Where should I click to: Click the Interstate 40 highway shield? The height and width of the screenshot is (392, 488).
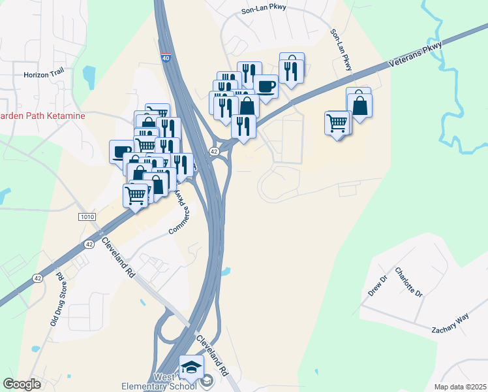click(166, 57)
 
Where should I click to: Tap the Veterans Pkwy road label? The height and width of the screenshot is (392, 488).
click(415, 56)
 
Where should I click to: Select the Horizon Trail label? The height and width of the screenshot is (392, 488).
click(44, 74)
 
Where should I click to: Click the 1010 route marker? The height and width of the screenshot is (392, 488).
click(85, 216)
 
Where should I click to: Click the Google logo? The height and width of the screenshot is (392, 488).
click(22, 384)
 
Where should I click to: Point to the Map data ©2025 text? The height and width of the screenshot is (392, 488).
click(459, 387)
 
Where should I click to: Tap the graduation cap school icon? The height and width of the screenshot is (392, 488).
click(192, 368)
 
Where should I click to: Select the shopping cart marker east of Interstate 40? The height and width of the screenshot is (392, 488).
click(337, 122)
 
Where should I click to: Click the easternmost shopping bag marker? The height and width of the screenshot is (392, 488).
click(359, 105)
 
